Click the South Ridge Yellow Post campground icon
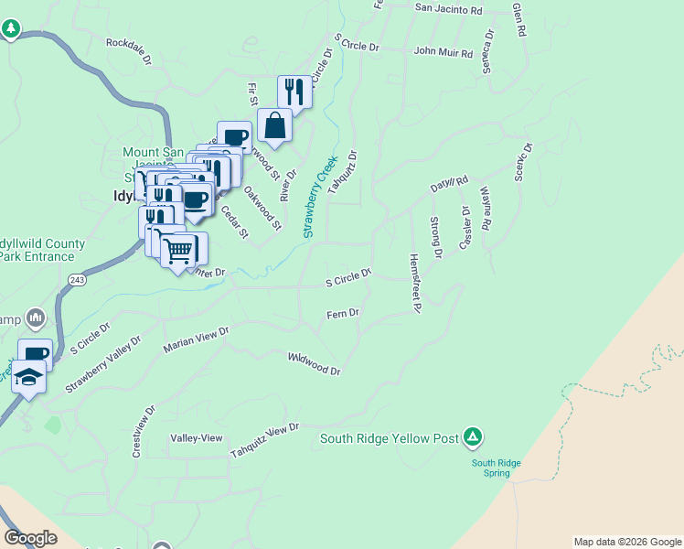point(473,437)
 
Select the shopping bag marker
point(274,126)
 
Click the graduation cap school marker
point(28,378)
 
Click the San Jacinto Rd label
point(448,9)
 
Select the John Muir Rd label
point(443,53)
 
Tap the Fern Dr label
point(343,314)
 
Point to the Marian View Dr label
point(195,339)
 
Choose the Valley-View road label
point(197,438)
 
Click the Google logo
point(31,538)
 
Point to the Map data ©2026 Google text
point(626,542)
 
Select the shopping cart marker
point(180,249)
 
